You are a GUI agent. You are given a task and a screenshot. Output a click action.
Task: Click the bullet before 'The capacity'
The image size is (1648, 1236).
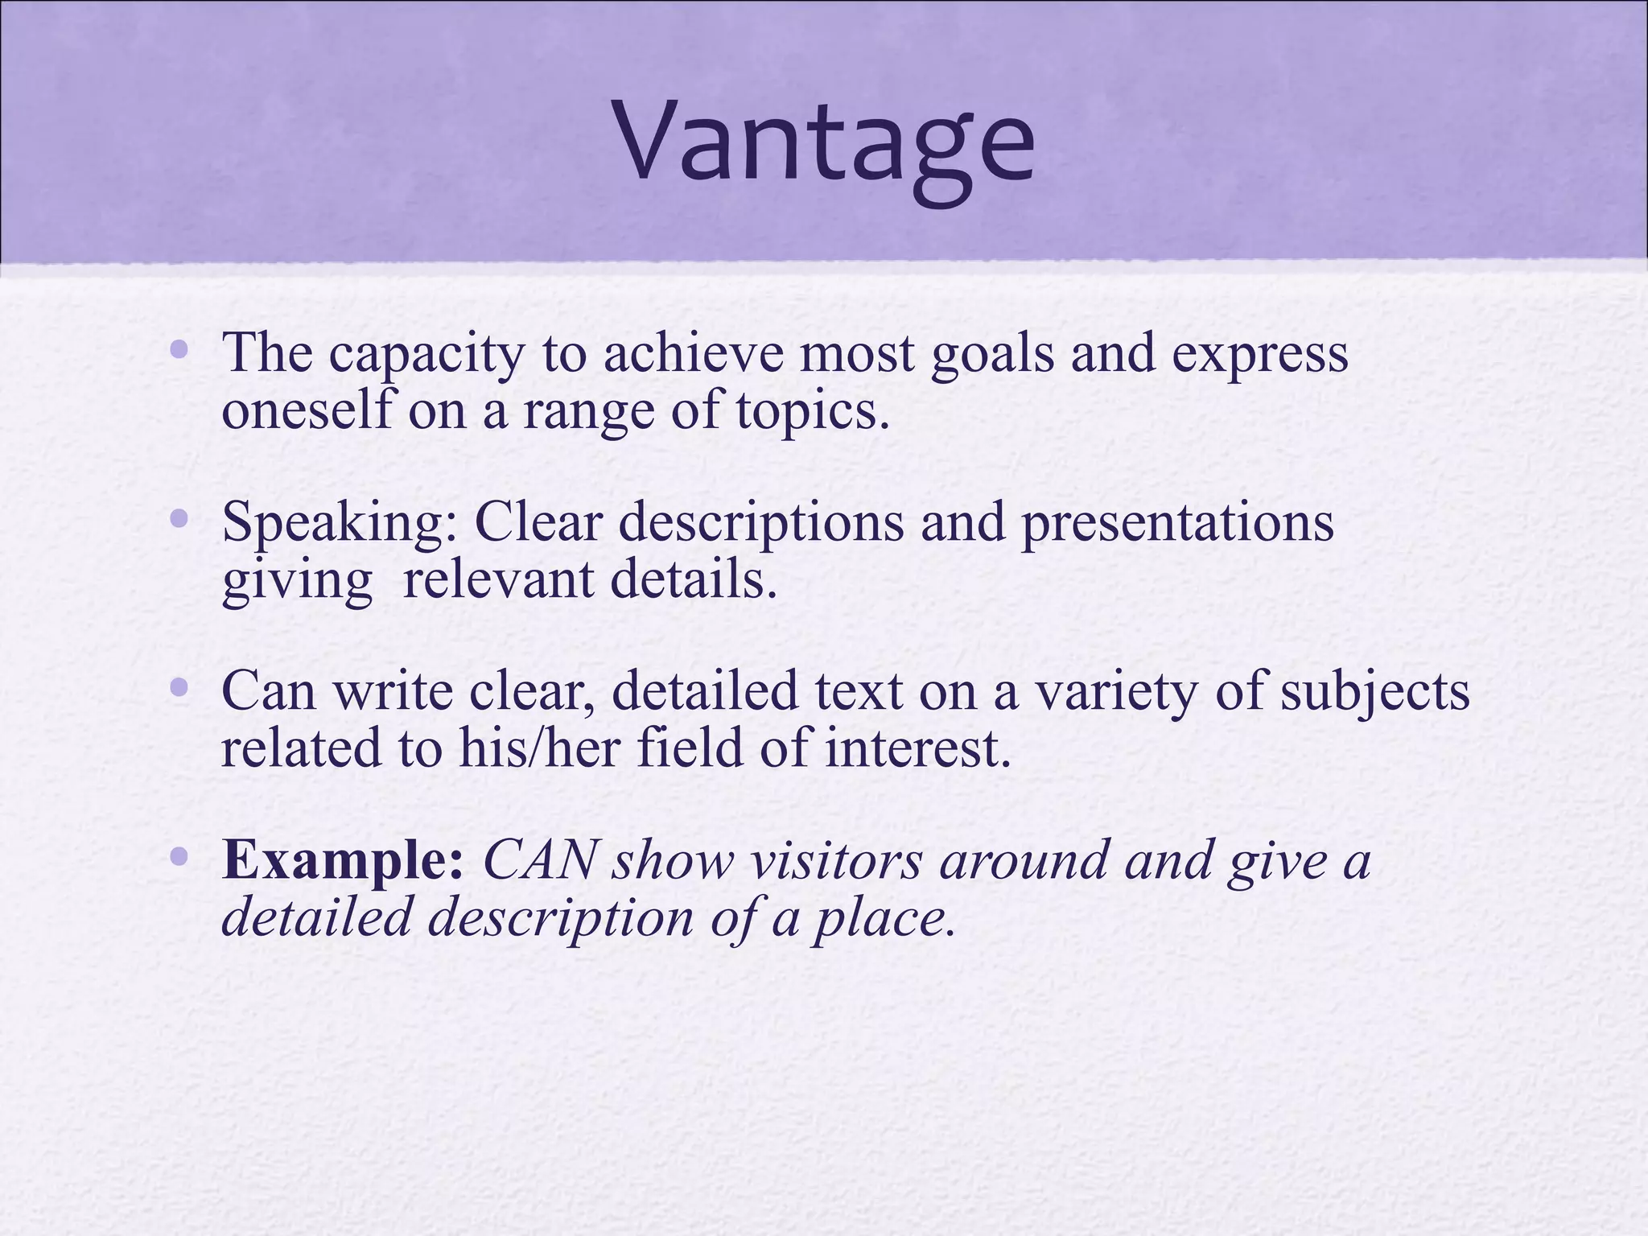click(x=179, y=350)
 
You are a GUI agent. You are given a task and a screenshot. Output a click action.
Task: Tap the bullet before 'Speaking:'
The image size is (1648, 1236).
click(x=179, y=519)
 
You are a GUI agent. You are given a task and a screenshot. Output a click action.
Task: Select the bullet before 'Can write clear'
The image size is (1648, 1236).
click(x=179, y=688)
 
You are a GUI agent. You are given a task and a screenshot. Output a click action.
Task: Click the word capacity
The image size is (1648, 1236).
click(x=426, y=356)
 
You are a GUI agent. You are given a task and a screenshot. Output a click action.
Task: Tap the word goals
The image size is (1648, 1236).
click(x=991, y=356)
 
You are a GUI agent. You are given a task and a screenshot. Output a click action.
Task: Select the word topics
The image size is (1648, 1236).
click(x=813, y=413)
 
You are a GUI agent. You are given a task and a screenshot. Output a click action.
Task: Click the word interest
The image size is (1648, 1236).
click(x=917, y=748)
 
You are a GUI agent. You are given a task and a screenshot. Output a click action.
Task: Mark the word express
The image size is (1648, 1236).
click(x=1259, y=356)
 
